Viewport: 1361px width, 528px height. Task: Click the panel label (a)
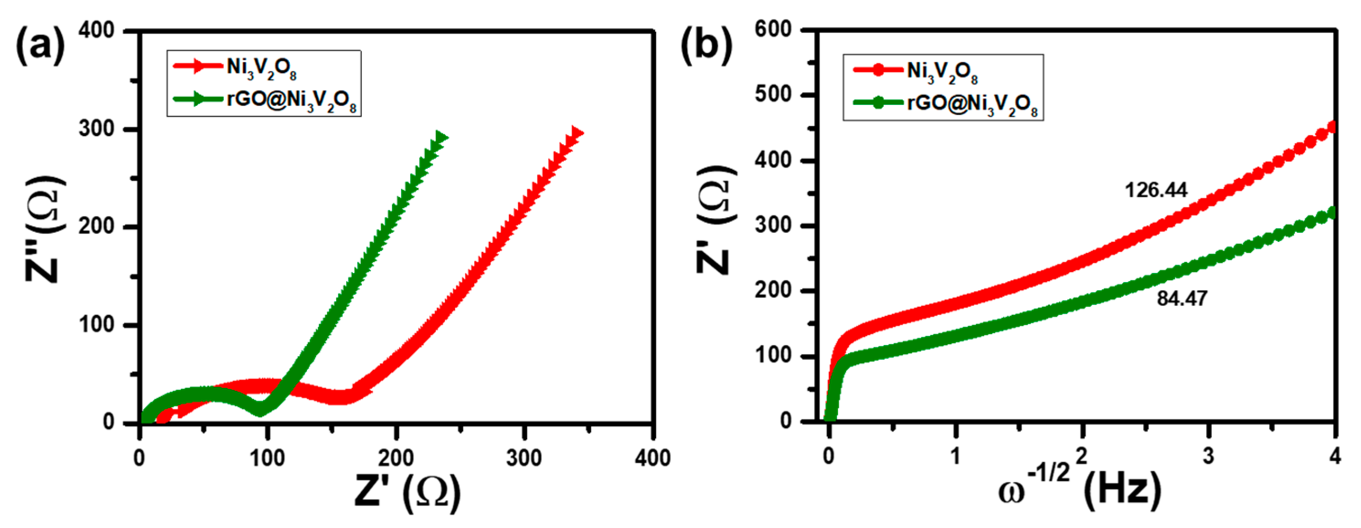point(41,47)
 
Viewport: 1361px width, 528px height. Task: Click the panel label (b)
point(706,47)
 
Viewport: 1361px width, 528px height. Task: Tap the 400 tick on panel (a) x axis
point(653,458)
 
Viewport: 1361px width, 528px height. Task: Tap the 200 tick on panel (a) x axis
point(396,458)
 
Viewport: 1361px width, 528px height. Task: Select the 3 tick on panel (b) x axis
point(1208,455)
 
